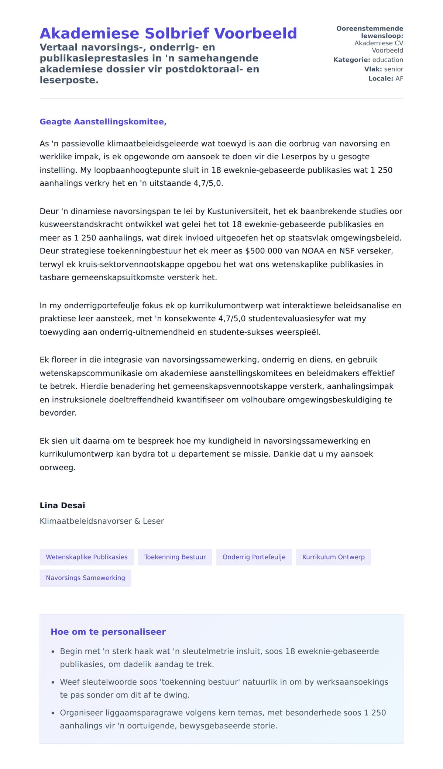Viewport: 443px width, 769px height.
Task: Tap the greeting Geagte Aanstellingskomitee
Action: coord(103,122)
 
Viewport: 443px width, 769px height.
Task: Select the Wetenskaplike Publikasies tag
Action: coord(86,557)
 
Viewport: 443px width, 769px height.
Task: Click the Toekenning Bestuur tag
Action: coord(175,557)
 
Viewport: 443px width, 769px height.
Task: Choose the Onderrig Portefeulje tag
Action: coord(254,557)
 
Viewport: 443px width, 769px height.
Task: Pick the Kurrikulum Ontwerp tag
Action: coord(333,557)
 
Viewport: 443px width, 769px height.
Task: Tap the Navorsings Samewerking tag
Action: coord(85,578)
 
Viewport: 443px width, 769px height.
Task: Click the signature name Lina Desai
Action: coord(62,505)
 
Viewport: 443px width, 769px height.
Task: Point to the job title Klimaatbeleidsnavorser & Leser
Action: coord(102,521)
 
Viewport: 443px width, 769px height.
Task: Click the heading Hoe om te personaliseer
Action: coord(108,632)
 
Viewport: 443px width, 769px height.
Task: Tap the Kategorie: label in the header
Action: coord(351,60)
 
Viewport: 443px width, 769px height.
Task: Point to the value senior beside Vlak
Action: coord(394,69)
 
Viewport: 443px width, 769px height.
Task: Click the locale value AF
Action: coord(399,79)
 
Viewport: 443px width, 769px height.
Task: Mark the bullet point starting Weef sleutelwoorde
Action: coord(224,688)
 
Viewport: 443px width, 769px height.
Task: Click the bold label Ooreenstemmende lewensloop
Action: coord(370,32)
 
